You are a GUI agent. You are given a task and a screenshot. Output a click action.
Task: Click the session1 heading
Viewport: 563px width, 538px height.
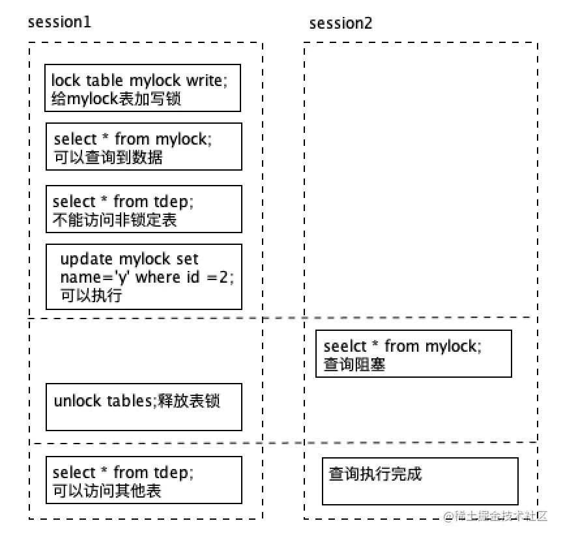(59, 21)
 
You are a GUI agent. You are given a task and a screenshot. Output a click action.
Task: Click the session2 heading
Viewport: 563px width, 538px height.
(341, 23)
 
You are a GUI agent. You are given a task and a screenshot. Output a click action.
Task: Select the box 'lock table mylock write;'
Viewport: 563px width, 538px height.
(143, 88)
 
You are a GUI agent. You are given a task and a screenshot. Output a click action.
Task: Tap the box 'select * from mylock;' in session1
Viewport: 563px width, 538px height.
(143, 147)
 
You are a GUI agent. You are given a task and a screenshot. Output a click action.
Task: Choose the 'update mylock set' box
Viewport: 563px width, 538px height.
(143, 277)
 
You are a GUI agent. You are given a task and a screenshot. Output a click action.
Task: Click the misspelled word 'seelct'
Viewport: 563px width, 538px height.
(343, 346)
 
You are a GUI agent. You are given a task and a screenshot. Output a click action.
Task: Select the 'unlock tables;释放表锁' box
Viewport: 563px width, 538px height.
(143, 407)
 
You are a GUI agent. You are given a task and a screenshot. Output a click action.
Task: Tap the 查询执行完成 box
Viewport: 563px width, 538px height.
(420, 481)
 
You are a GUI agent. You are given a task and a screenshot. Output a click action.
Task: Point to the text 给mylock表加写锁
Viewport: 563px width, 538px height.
(116, 98)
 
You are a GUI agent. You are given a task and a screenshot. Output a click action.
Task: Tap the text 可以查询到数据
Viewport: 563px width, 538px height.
(108, 157)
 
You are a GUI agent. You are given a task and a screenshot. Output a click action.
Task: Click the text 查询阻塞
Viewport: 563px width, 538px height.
(354, 364)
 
